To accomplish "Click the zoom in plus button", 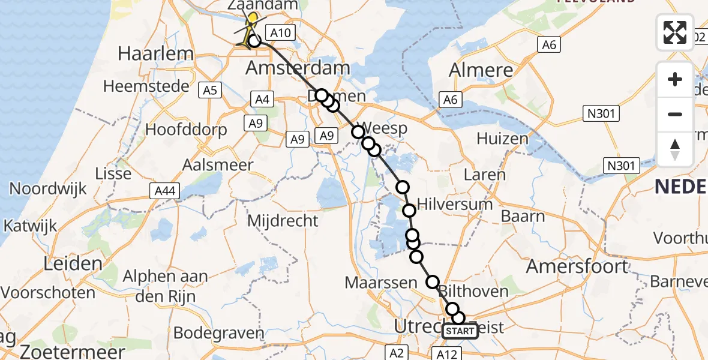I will click(x=675, y=80).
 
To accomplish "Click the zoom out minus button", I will click(x=675, y=114).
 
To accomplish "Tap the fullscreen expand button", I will click(x=675, y=32).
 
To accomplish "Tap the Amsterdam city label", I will click(x=298, y=68).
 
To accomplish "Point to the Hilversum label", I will click(x=455, y=204).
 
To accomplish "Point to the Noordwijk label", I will click(x=47, y=189).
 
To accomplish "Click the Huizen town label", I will click(x=502, y=139).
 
